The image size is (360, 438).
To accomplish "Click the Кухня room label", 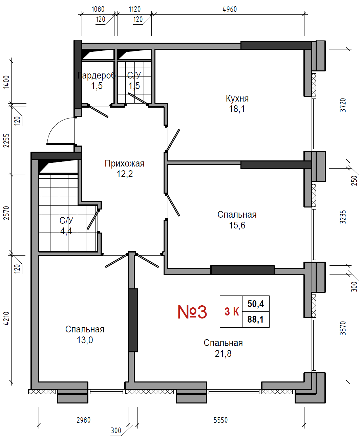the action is pos(237,98).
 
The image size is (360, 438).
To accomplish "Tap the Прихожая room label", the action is pos(125,163).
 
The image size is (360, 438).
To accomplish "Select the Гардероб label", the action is pos(97,75).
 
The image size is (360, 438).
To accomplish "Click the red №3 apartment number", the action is pos(192,312).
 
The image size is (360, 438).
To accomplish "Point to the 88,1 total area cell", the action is pos(255,320).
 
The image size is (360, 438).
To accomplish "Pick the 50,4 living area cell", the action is pos(256,304).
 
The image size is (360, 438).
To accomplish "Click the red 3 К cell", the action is pos(232,311).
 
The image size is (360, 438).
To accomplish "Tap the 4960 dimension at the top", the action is pos(230,9).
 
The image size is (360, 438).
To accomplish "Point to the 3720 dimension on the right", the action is pos(343,105).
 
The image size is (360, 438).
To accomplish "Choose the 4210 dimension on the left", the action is pos(6,319).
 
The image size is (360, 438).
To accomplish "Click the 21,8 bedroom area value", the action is pos(223,353).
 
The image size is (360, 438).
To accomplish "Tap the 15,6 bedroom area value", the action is pos(237,225).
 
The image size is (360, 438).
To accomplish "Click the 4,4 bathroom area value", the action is pos(66,231).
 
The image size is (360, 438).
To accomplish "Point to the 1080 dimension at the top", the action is pos(98,9).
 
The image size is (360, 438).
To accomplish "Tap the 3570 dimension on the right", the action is pos(343,328).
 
